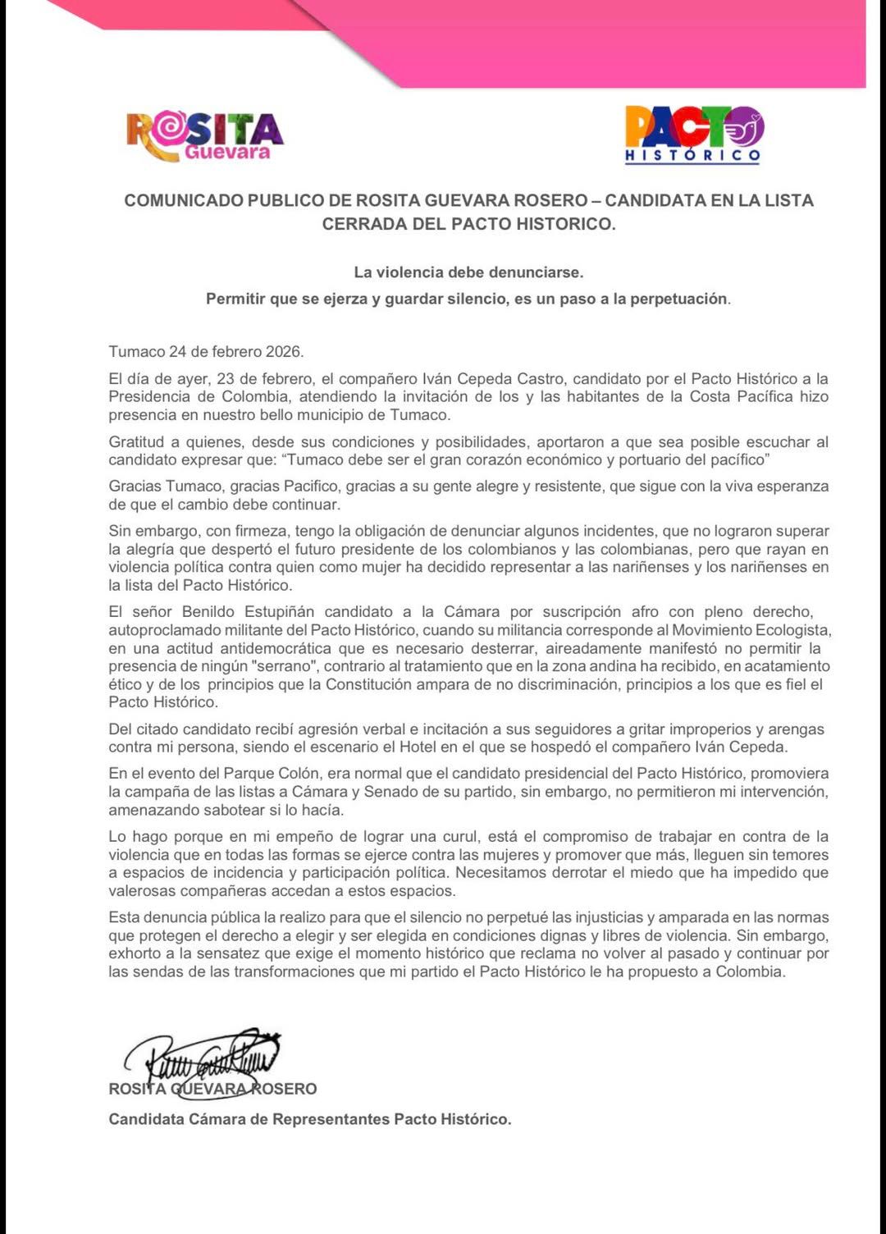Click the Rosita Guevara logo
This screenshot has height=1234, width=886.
pos(205,135)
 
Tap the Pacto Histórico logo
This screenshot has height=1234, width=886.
pos(693,135)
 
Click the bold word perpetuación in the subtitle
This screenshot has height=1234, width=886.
pos(678,299)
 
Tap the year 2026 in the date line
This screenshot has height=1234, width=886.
pos(284,352)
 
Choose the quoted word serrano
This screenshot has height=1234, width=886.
pos(288,666)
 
